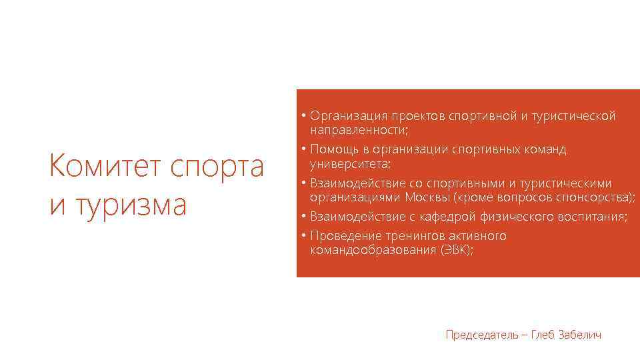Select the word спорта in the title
tap(217, 167)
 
